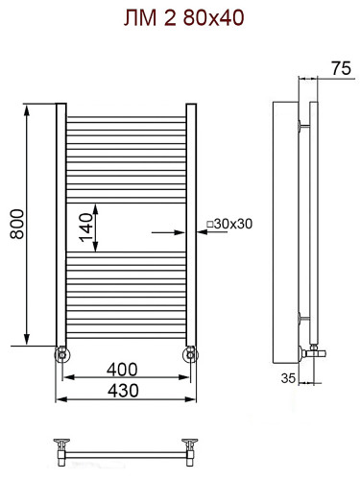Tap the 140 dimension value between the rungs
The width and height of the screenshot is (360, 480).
click(x=86, y=230)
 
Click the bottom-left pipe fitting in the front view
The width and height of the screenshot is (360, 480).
click(x=61, y=354)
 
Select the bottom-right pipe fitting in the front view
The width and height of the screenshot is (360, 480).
click(x=191, y=354)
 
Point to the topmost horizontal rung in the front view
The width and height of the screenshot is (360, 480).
click(x=126, y=119)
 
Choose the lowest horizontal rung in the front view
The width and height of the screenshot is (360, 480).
click(x=126, y=335)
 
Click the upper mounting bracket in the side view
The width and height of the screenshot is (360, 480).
click(x=305, y=124)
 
